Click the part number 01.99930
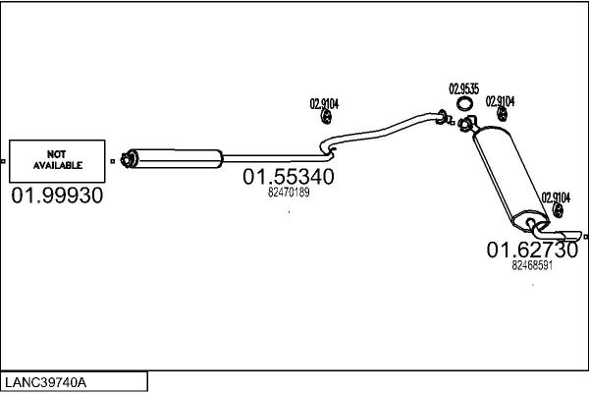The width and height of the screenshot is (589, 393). (57, 196)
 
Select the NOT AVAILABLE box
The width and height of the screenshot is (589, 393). (57, 161)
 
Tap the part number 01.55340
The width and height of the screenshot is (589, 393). (289, 177)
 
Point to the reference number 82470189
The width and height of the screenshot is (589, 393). (289, 193)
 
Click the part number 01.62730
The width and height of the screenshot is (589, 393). (532, 251)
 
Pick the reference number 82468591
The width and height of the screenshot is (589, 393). (532, 265)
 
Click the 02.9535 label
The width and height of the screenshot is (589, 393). (464, 88)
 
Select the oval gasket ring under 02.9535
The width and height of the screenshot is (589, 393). (464, 104)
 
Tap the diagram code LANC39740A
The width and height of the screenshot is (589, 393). (45, 382)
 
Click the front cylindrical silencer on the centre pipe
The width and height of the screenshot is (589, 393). (176, 159)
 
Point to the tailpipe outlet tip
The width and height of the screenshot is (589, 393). (574, 236)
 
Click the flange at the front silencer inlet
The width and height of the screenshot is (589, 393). (127, 159)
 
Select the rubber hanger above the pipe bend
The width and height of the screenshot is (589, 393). (326, 117)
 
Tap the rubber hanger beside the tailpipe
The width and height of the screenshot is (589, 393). (558, 210)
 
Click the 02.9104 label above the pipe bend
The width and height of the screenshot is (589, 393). (324, 103)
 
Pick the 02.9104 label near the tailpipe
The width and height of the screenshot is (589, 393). (556, 197)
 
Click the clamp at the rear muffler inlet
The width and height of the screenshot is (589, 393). (465, 124)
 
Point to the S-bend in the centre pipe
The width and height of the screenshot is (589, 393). (327, 149)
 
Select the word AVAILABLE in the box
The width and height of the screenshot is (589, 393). (58, 165)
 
